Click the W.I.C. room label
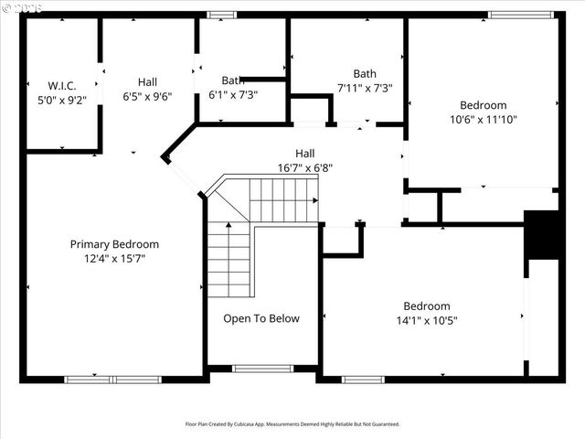[61, 85]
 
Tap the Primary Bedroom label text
[114, 244]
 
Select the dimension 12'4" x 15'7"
[114, 259]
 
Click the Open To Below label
[261, 318]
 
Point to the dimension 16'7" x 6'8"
[304, 167]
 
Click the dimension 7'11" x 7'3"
[365, 88]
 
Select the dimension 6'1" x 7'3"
[233, 94]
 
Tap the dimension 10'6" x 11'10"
[484, 120]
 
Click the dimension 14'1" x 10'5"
[427, 320]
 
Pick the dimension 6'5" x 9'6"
[147, 95]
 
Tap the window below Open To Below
[262, 369]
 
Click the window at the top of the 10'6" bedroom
[520, 15]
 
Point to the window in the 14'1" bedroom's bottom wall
[363, 379]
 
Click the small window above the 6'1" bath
[220, 15]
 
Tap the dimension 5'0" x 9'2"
[61, 100]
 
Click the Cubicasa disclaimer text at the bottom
[292, 423]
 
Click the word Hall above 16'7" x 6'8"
[304, 153]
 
